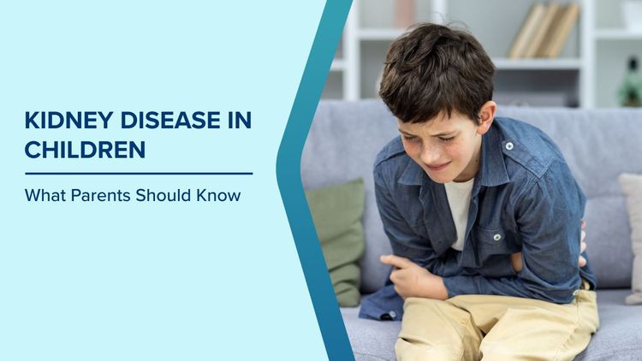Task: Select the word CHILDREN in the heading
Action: point(85,150)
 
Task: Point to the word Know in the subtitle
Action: point(222,195)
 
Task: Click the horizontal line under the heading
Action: point(138,173)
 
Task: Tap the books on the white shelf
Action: point(544,31)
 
